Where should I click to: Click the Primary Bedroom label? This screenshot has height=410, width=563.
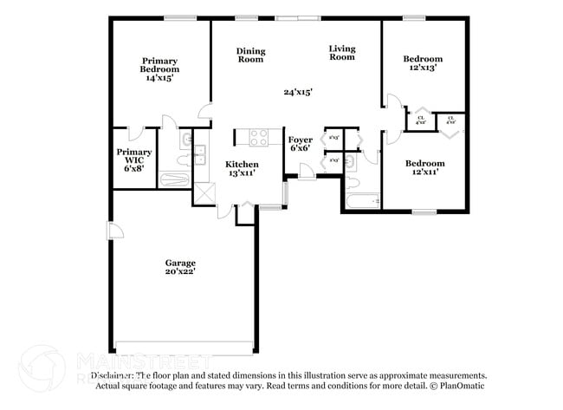pyautogui.click(x=159, y=68)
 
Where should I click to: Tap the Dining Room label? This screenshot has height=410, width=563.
pyautogui.click(x=250, y=55)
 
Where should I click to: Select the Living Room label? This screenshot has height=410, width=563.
pyautogui.click(x=342, y=52)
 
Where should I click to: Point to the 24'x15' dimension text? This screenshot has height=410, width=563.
pyautogui.click(x=297, y=91)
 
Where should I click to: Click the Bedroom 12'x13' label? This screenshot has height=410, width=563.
pyautogui.click(x=424, y=63)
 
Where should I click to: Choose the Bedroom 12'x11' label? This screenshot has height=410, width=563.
pyautogui.click(x=424, y=167)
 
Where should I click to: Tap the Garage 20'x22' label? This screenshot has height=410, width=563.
pyautogui.click(x=180, y=267)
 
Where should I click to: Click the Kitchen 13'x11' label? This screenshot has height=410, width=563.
pyautogui.click(x=242, y=168)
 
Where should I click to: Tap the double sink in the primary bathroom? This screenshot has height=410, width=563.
pyautogui.click(x=199, y=154)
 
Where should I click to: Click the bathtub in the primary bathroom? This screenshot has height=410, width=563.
pyautogui.click(x=174, y=179)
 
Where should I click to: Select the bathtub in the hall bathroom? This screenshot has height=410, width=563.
pyautogui.click(x=363, y=201)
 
